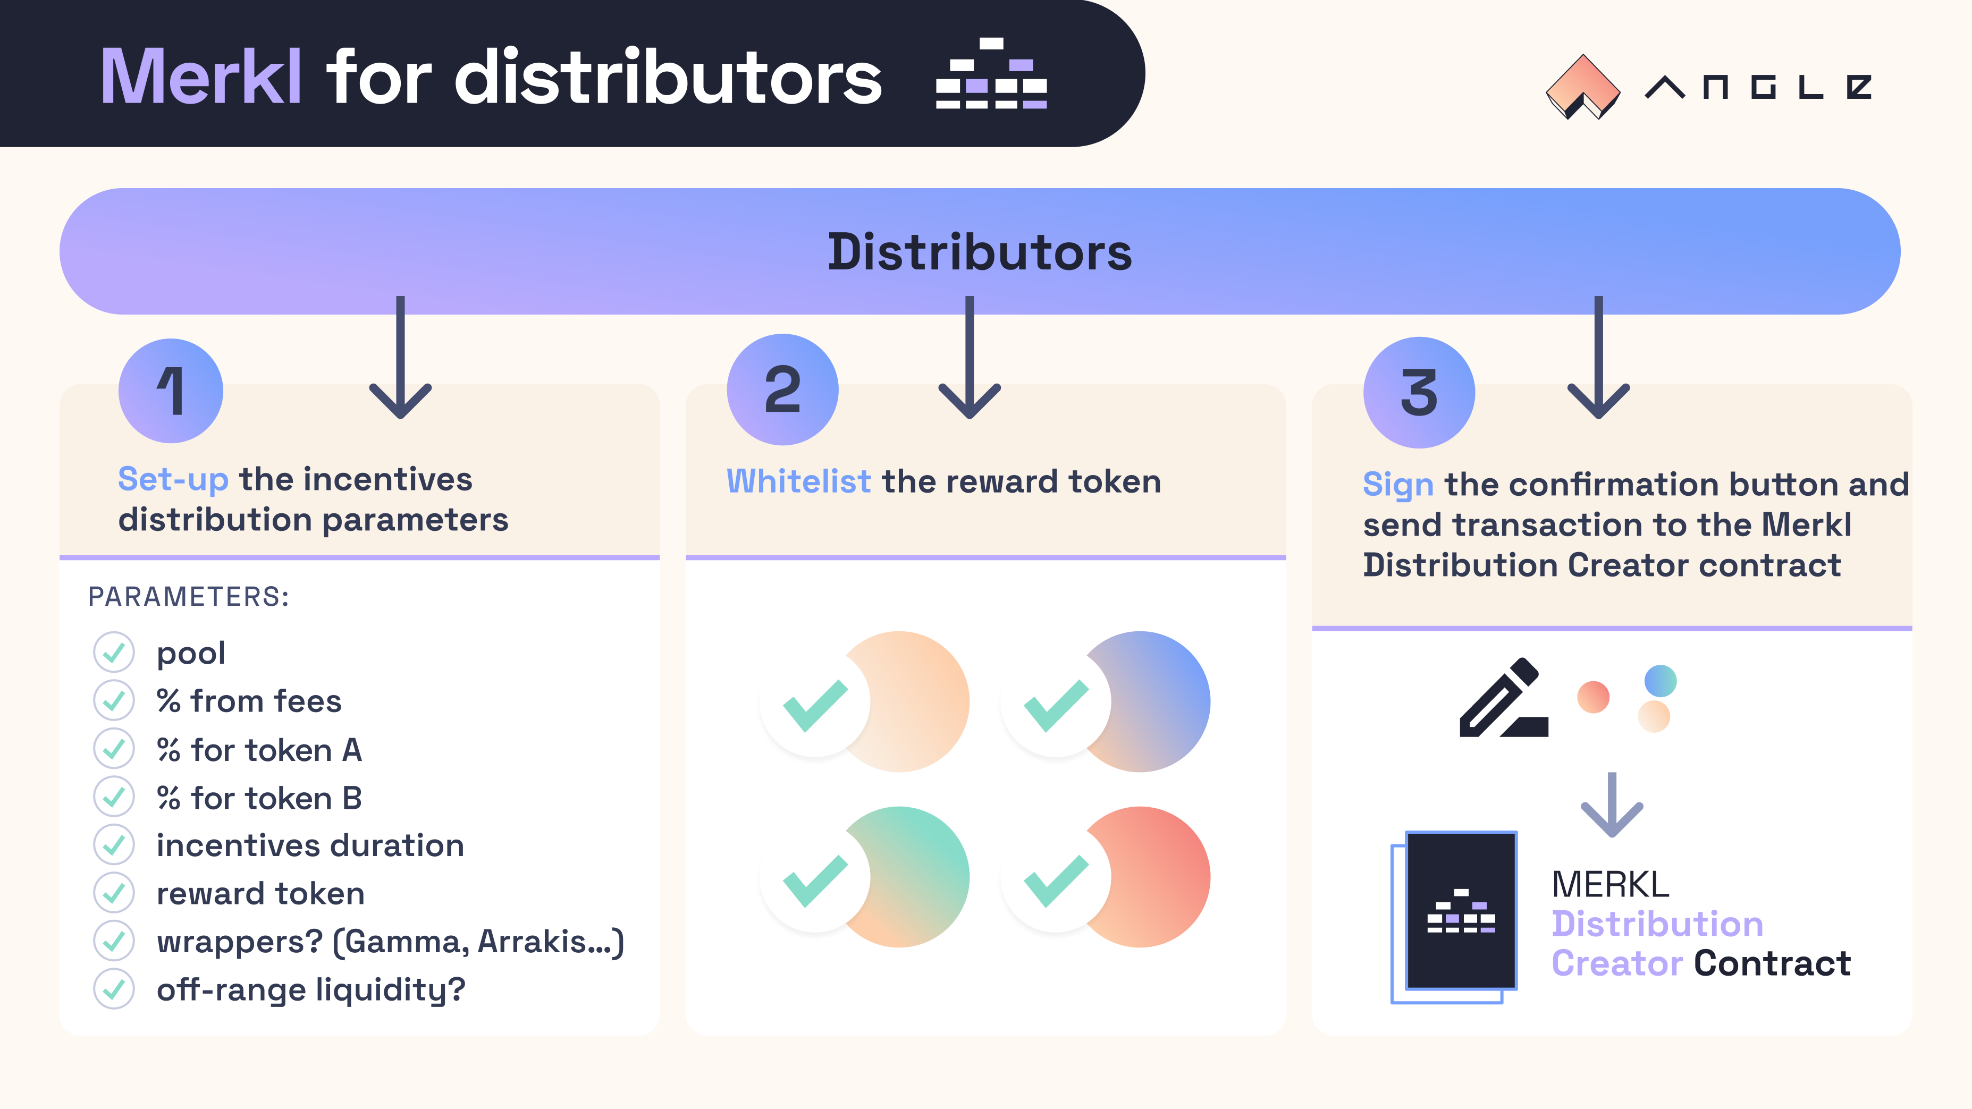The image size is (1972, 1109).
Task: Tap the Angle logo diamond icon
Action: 1582,87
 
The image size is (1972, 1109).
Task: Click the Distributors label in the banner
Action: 980,252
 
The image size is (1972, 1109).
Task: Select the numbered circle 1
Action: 171,391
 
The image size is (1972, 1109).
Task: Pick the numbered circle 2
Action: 782,390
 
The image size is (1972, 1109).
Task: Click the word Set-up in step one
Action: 173,480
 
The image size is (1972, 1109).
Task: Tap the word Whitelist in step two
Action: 798,481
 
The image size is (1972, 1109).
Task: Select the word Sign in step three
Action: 1398,485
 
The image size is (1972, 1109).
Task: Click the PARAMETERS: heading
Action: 188,597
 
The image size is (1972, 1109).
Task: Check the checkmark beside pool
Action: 114,652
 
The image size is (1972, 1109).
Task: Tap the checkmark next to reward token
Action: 114,892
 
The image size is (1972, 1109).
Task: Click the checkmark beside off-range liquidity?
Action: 114,989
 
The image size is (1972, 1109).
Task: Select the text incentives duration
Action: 310,846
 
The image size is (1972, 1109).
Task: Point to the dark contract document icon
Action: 1461,911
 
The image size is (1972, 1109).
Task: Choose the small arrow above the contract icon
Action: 1612,805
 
